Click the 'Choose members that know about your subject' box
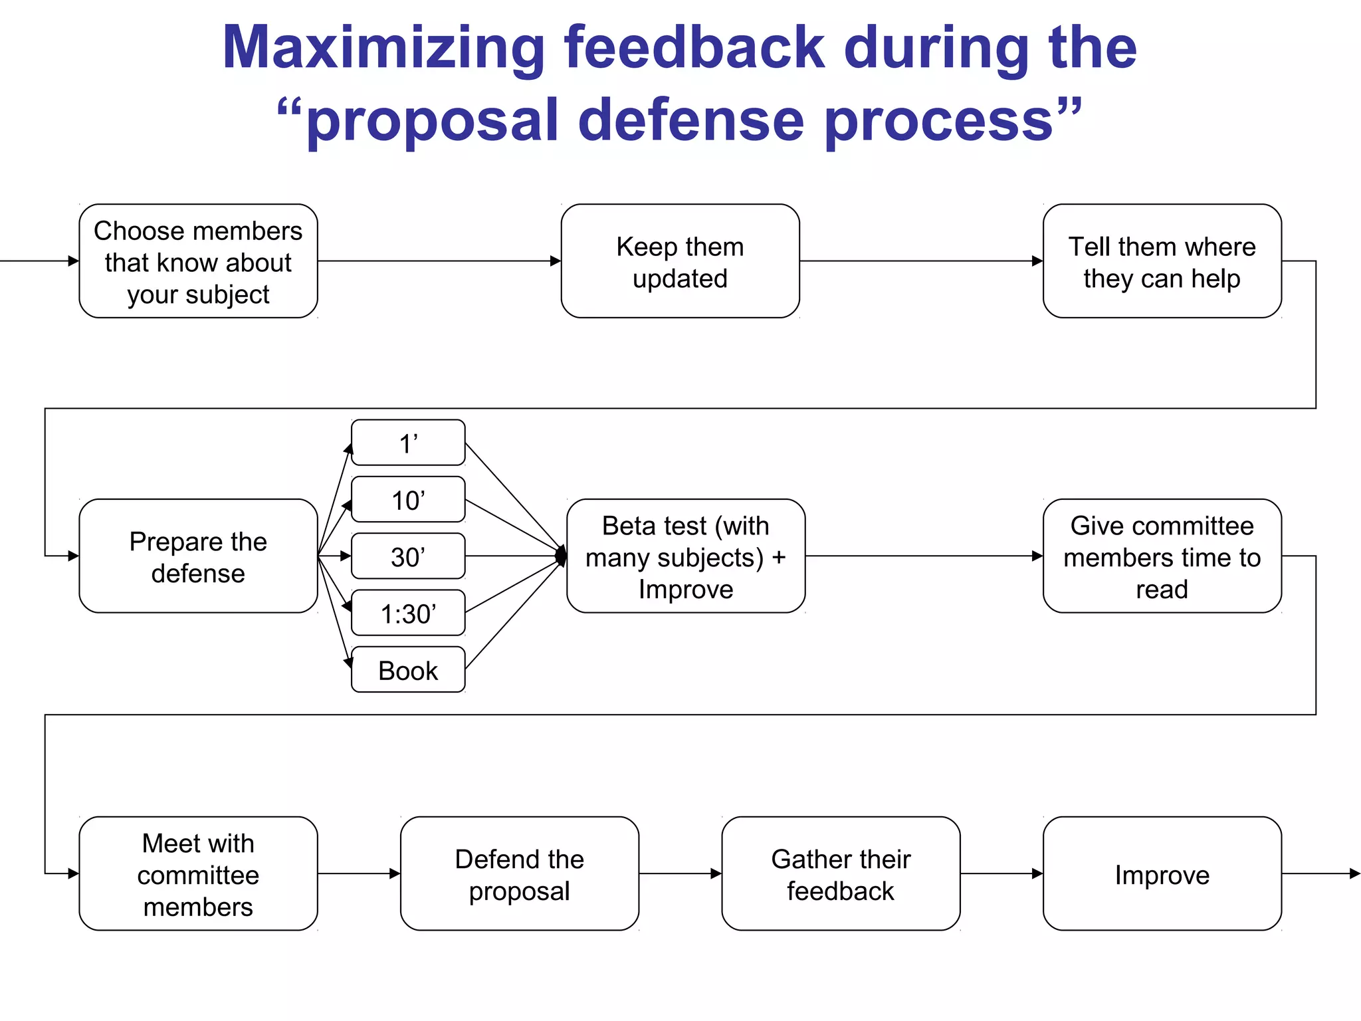(198, 261)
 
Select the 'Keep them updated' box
(680, 261)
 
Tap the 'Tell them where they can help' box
(1162, 261)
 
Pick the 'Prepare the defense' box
(198, 556)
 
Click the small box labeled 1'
(408, 443)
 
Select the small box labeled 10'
(408, 500)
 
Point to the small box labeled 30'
(408, 556)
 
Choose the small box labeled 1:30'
(408, 613)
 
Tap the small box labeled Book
(408, 670)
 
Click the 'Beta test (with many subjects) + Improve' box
(686, 556)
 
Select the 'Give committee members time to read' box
(1162, 556)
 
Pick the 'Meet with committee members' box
(198, 874)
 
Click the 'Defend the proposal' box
(520, 874)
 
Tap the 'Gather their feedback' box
(841, 874)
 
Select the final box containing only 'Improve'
(1162, 874)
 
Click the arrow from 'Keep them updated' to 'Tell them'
(921, 261)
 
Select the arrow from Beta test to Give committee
(924, 556)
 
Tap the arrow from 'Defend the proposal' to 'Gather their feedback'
(680, 874)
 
